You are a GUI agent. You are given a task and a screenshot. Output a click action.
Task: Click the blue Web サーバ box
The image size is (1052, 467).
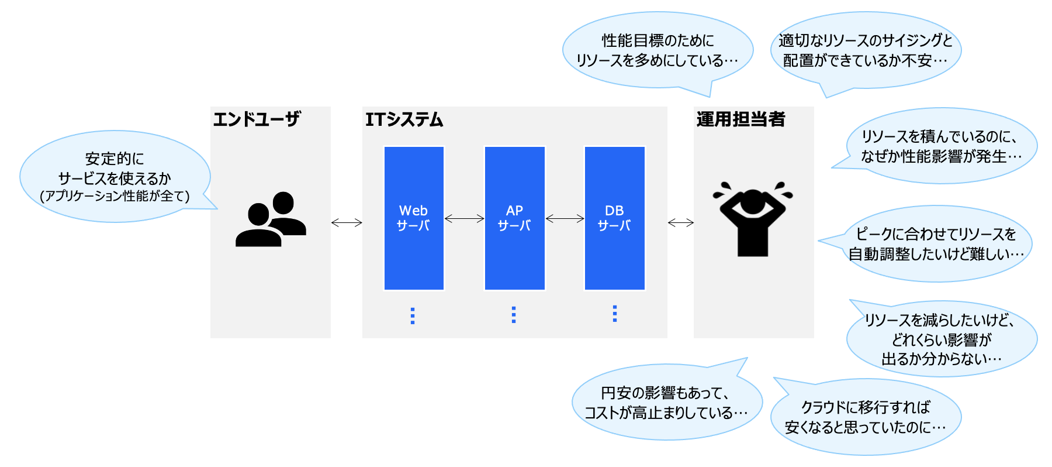(x=414, y=218)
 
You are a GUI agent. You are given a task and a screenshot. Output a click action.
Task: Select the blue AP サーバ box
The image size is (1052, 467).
(x=514, y=218)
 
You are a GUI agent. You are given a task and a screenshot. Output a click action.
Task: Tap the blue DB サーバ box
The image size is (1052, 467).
(x=614, y=218)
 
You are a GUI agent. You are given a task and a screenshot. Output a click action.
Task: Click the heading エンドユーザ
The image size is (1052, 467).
(x=256, y=119)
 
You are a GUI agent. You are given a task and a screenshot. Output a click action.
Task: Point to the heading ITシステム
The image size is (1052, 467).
(x=404, y=119)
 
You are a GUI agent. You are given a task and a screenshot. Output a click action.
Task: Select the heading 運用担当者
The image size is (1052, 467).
(x=740, y=119)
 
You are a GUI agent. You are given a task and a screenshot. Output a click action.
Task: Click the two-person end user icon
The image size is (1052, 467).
(x=271, y=219)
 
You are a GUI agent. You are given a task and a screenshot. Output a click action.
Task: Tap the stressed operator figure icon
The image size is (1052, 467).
(x=752, y=219)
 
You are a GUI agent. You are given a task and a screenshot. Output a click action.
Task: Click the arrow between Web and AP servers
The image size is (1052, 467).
(x=465, y=219)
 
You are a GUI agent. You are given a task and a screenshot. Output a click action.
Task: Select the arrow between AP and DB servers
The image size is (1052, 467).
(x=565, y=219)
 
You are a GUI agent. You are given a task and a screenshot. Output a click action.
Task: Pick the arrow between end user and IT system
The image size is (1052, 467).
(x=347, y=222)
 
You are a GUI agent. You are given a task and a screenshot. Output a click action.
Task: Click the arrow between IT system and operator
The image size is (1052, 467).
(x=681, y=222)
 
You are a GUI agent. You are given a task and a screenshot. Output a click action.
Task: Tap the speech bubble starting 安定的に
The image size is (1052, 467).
(x=115, y=177)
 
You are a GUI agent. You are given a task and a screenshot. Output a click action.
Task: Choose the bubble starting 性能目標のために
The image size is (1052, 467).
(x=657, y=50)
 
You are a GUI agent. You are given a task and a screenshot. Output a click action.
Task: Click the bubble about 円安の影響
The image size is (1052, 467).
(x=666, y=403)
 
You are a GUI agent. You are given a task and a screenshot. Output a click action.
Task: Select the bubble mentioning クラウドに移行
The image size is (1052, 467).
(x=865, y=417)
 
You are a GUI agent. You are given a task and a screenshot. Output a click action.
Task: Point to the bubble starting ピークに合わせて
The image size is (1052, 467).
(x=936, y=243)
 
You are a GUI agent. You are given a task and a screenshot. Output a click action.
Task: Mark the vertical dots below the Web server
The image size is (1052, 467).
(x=413, y=315)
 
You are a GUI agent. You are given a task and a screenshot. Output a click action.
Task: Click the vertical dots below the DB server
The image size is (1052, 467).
(x=614, y=314)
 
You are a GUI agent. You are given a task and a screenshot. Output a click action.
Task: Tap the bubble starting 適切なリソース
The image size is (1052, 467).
(x=865, y=50)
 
